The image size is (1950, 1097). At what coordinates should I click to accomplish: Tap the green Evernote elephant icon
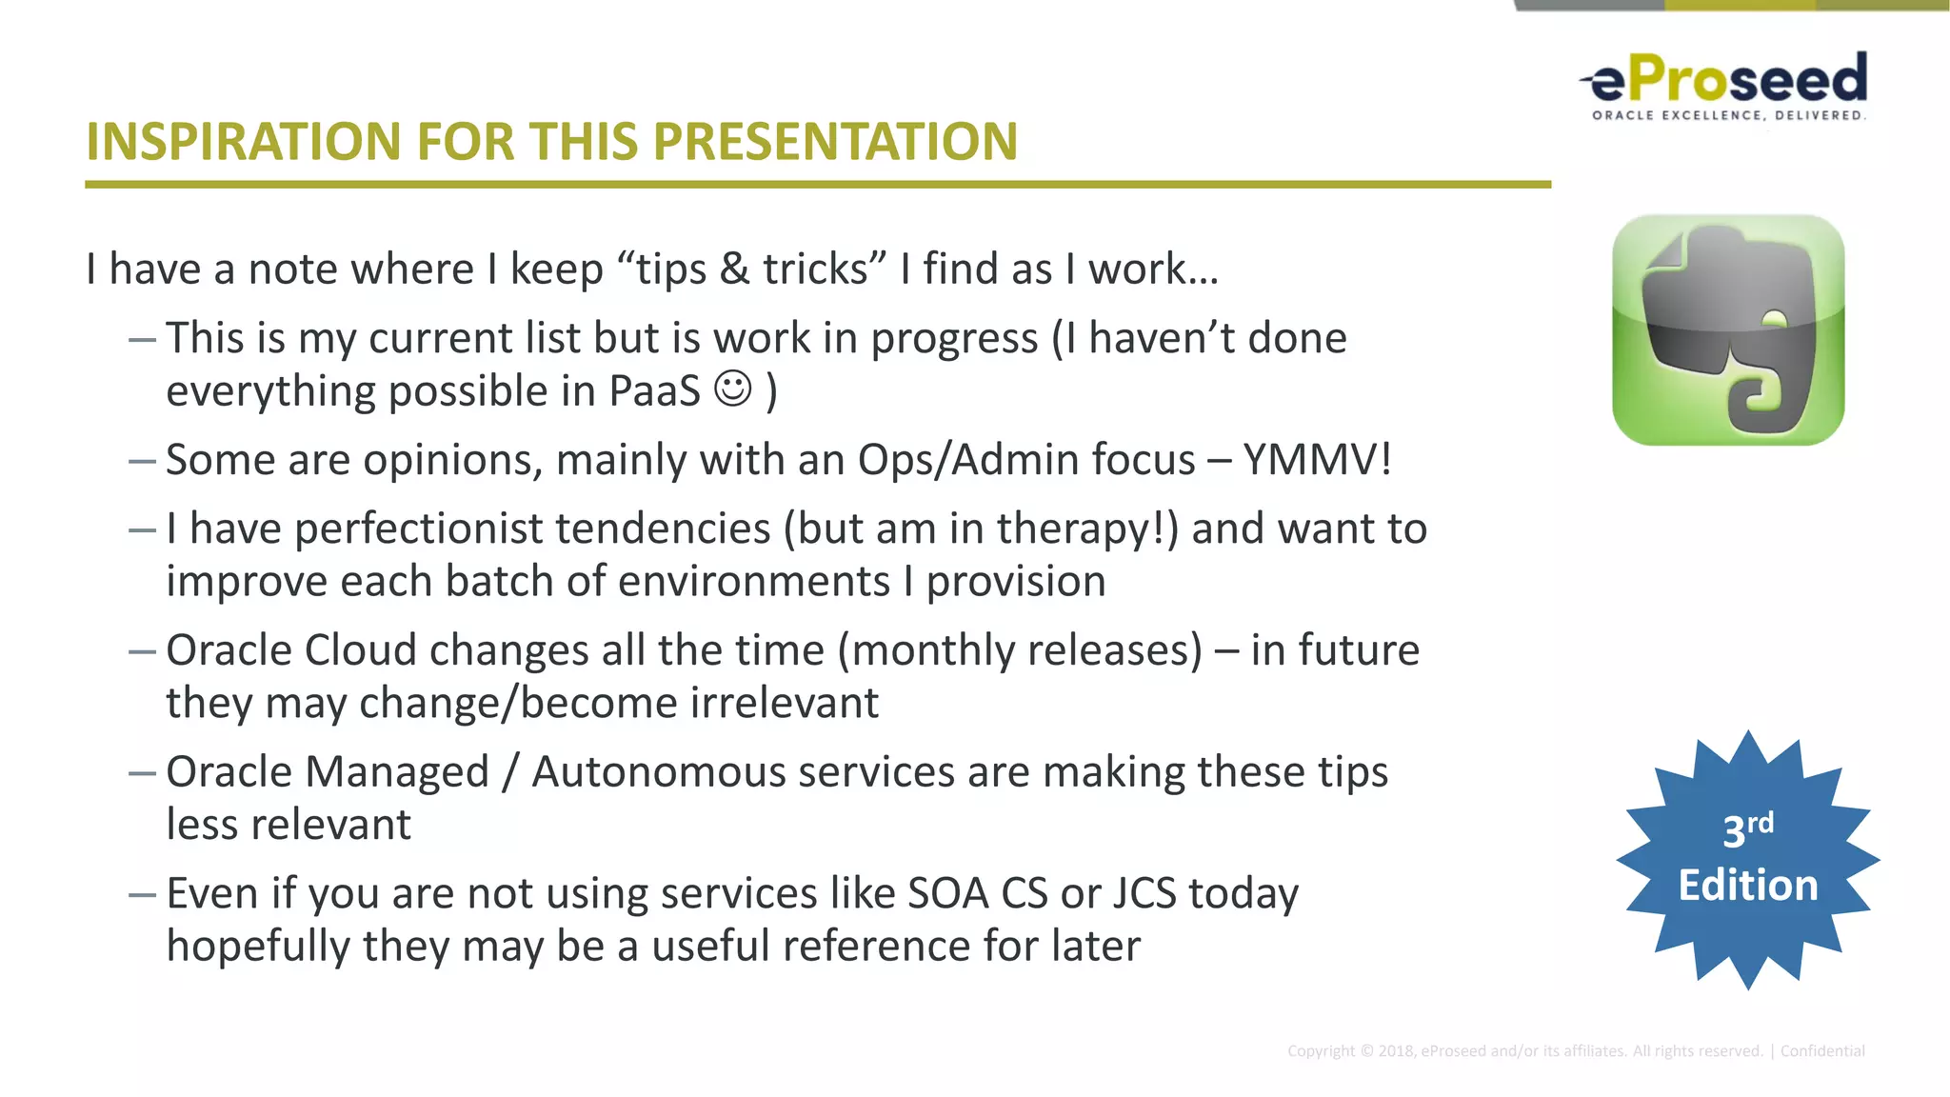click(1727, 329)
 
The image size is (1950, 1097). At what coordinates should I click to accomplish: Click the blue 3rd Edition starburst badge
click(1747, 860)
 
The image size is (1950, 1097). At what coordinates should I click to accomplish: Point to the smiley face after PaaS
click(733, 389)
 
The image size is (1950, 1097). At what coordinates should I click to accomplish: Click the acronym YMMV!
click(1317, 460)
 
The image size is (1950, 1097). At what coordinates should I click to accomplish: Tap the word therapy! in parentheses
click(1087, 529)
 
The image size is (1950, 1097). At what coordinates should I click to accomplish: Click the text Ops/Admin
click(1025, 460)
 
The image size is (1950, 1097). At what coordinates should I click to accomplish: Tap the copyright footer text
click(1575, 1051)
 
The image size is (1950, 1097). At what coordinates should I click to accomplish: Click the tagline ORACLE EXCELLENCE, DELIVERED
click(1728, 115)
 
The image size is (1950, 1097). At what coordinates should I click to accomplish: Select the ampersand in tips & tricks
click(734, 269)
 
